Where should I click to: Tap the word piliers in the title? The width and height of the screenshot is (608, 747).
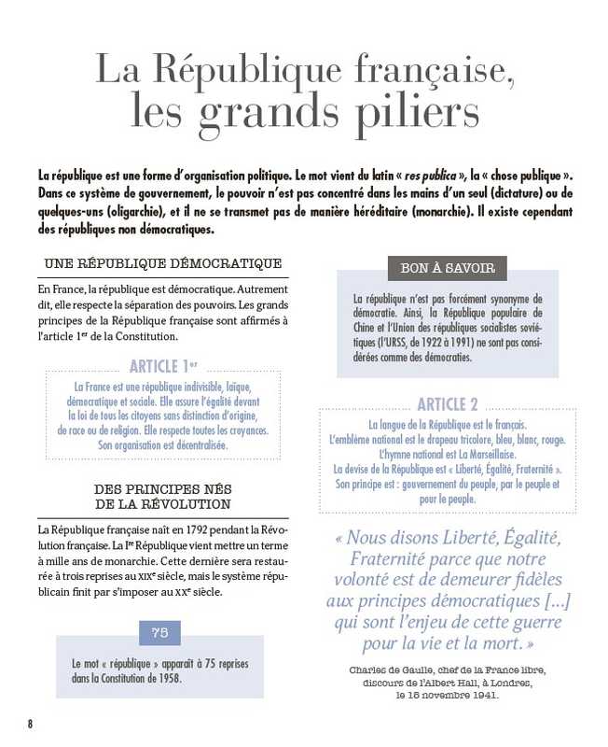tap(406, 114)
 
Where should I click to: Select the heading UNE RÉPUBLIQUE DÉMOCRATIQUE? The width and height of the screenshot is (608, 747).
tap(162, 263)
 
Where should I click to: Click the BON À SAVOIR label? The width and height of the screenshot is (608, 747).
tap(447, 268)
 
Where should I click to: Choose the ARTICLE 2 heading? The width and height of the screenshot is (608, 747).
tap(448, 404)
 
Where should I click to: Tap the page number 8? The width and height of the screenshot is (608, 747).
tap(30, 724)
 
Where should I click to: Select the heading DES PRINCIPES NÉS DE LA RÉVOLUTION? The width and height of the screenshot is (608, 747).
tap(162, 497)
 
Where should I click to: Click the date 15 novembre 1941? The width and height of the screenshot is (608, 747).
tap(448, 696)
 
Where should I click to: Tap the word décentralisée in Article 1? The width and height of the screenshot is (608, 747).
tap(197, 445)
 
